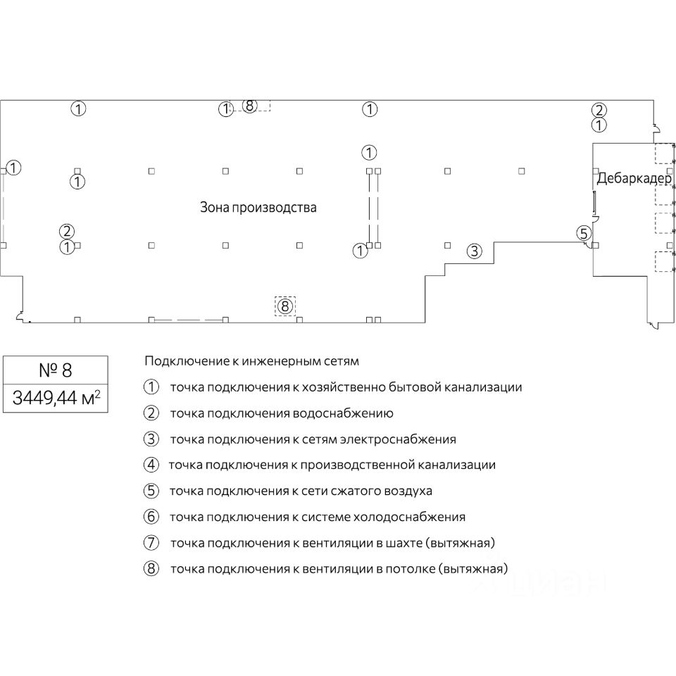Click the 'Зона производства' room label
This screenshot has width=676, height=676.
(x=258, y=208)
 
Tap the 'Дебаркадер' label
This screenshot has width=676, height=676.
(x=634, y=179)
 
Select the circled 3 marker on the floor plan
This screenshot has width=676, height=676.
(x=475, y=250)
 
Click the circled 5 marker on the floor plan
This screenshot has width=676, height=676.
(x=582, y=233)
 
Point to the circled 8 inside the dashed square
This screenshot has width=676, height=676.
(x=284, y=306)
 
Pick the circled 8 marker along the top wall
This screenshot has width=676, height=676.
(x=249, y=106)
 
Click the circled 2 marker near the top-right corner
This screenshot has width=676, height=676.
(x=599, y=110)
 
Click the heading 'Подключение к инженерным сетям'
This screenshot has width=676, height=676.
(x=251, y=361)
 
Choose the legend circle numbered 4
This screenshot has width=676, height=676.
(x=151, y=465)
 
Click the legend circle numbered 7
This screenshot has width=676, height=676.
(x=151, y=543)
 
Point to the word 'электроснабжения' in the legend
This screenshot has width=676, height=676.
(x=398, y=439)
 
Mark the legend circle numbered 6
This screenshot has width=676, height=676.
(x=151, y=517)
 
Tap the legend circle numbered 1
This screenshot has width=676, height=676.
(x=151, y=387)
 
